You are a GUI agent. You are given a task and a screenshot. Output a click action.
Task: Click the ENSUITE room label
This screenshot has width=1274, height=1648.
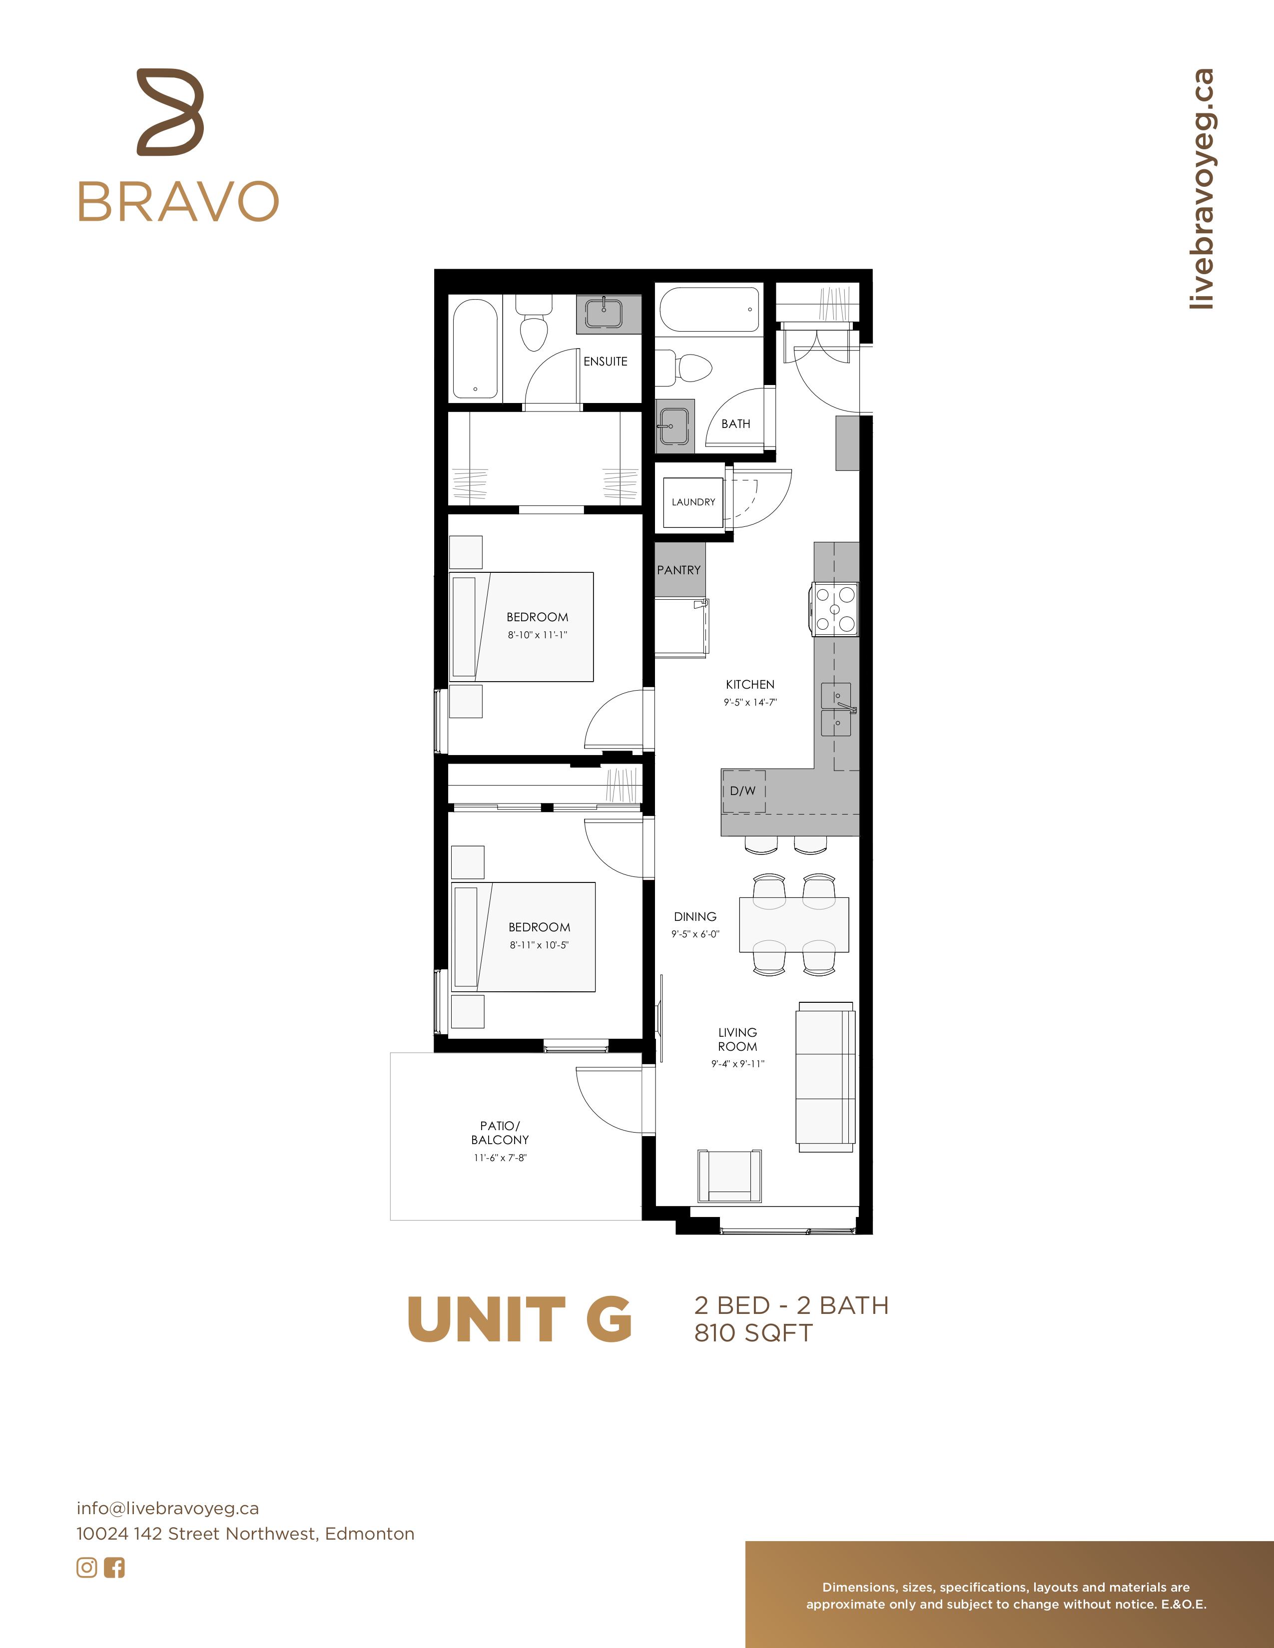click(x=606, y=362)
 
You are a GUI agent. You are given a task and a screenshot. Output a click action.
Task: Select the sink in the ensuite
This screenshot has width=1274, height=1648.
click(x=604, y=313)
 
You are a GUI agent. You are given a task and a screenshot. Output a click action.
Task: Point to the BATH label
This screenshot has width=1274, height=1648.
click(x=736, y=424)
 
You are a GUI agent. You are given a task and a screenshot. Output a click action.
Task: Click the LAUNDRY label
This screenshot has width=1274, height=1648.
click(x=693, y=502)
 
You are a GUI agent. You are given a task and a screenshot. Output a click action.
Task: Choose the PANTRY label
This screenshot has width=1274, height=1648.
click(x=678, y=570)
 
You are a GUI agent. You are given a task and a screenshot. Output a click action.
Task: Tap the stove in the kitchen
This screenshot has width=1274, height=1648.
click(x=835, y=609)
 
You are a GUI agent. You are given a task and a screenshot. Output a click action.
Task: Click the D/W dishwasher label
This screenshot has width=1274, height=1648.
click(x=742, y=791)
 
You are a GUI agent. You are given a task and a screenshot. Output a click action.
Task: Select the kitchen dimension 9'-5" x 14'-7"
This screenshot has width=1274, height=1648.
click(x=750, y=702)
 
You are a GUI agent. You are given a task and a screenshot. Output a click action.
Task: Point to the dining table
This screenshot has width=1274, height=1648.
click(x=794, y=925)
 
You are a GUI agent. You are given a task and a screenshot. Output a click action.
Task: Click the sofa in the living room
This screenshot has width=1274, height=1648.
click(x=826, y=1077)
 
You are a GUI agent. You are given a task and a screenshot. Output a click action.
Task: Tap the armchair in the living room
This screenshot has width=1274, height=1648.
click(x=729, y=1176)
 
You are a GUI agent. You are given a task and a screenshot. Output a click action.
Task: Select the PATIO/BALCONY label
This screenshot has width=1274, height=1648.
click(x=500, y=1133)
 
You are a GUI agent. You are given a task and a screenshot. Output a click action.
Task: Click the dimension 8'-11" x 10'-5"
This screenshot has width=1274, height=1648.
click(x=539, y=945)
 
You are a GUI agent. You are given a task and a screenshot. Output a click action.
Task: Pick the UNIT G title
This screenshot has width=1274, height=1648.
click(x=519, y=1320)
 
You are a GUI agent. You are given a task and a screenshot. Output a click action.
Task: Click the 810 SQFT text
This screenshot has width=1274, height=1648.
click(x=753, y=1333)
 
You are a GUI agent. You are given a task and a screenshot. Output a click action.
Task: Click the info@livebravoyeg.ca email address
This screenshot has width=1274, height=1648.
click(x=167, y=1508)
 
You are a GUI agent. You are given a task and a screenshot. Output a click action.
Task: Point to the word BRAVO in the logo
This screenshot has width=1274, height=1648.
click(x=179, y=201)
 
